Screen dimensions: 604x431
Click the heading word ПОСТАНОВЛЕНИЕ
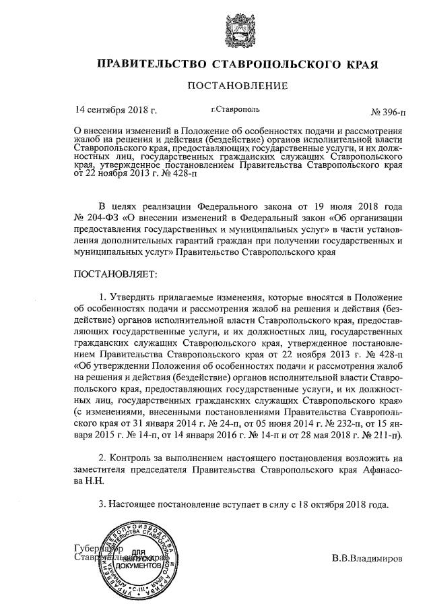pyautogui.click(x=237, y=86)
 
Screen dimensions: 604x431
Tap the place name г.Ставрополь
pyautogui.click(x=235, y=109)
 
